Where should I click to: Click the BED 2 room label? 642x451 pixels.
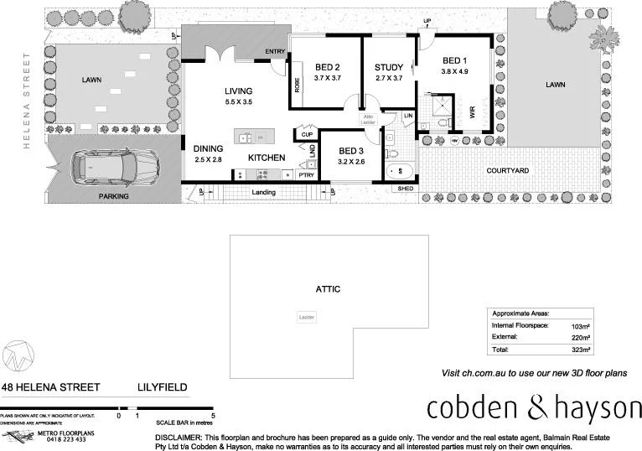pos(327,68)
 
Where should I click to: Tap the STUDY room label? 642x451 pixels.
pos(389,68)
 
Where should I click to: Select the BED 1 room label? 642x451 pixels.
pos(453,60)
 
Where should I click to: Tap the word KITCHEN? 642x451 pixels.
pos(267,158)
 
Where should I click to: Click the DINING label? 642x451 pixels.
pos(209,148)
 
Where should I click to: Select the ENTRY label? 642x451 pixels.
pos(275,52)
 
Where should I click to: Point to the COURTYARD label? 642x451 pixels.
pos(507,170)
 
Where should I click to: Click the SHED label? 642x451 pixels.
pos(406,189)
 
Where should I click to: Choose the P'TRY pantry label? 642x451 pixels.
pos(307,174)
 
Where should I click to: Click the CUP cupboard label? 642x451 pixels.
pos(307,134)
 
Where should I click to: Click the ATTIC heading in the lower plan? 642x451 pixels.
pos(328,288)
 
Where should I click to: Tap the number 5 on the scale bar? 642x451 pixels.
pos(214,415)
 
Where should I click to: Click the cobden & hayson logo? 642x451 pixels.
pos(533,408)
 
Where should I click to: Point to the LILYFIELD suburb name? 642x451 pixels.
pos(163,388)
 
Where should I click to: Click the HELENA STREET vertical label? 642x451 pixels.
pos(27,101)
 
